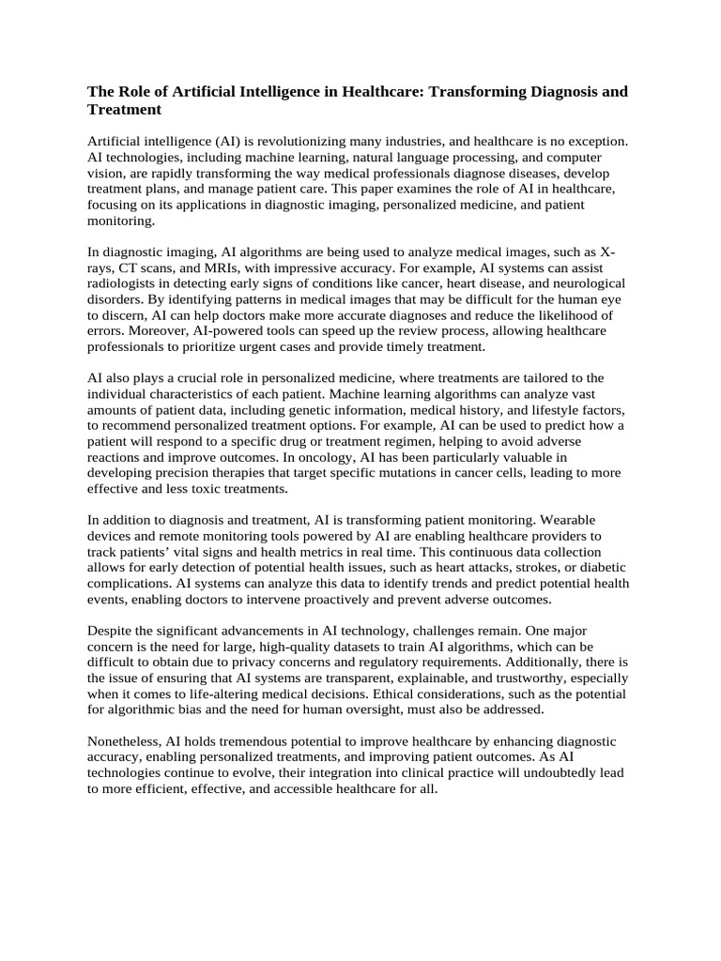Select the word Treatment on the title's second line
[125, 110]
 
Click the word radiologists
[129, 283]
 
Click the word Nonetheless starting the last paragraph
[125, 741]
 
